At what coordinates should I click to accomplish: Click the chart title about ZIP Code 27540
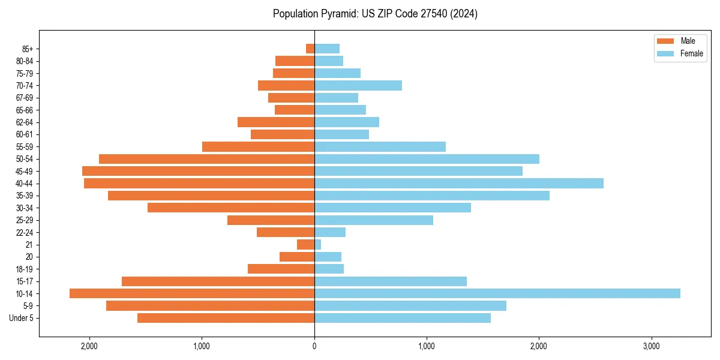(x=375, y=14)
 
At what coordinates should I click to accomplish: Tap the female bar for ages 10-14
(x=497, y=293)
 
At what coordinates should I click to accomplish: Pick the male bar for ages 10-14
(x=192, y=293)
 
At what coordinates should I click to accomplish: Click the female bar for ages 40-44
(x=458, y=183)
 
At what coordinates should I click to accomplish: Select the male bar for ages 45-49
(x=198, y=171)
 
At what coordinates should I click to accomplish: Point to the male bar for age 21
(x=305, y=244)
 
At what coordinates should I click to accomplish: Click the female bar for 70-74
(x=358, y=85)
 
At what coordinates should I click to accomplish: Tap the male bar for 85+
(x=310, y=49)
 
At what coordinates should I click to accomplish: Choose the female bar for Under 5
(x=402, y=318)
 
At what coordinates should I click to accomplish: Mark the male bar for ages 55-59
(x=258, y=146)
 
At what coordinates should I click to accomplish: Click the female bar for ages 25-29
(x=373, y=220)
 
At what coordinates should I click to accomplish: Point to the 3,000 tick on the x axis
(x=651, y=346)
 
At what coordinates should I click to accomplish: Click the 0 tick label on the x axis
(x=314, y=346)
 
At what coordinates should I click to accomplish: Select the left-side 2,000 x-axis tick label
(x=89, y=346)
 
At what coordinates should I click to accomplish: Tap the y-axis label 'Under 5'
(x=21, y=318)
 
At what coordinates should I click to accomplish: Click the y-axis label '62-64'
(x=25, y=122)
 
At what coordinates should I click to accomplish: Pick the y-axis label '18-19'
(x=25, y=269)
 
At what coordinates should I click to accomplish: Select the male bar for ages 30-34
(x=231, y=208)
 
